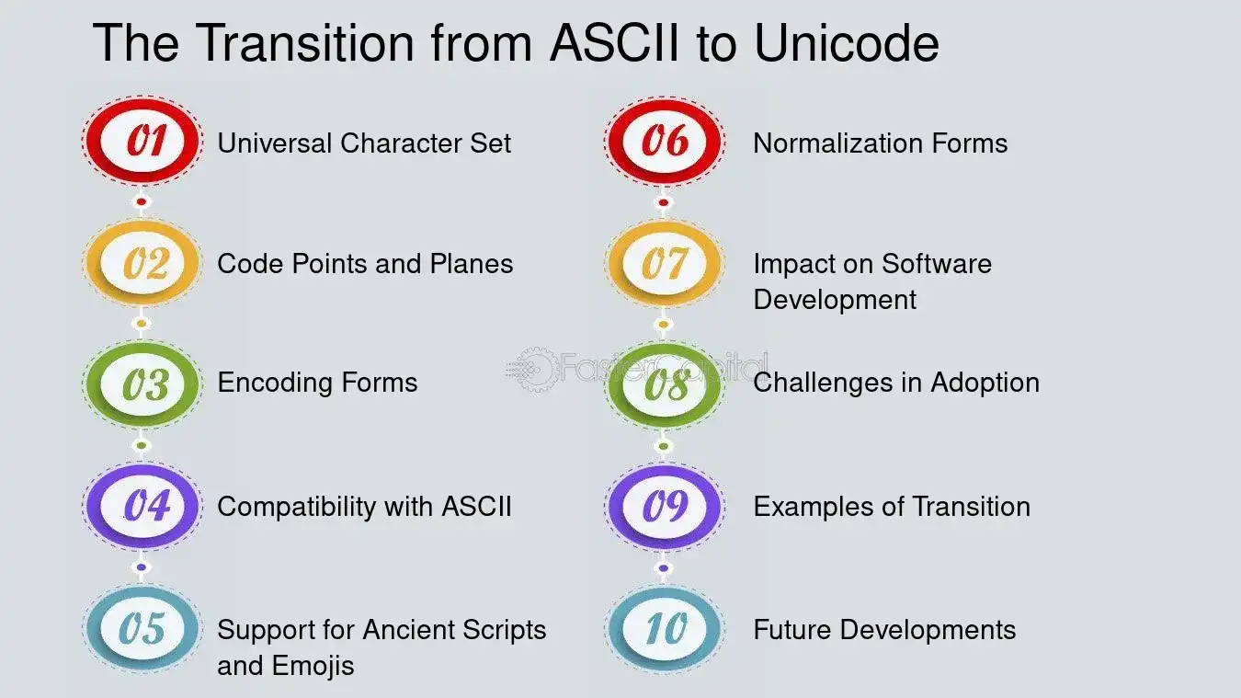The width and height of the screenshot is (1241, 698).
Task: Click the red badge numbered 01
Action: tap(142, 141)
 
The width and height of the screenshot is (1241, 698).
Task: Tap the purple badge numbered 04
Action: tap(142, 506)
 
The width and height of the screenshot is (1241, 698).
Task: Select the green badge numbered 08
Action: tap(665, 384)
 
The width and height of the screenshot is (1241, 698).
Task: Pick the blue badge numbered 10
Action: tap(665, 629)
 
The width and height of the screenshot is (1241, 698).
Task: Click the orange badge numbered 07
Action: tap(665, 263)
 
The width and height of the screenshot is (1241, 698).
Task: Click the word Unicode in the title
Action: tap(847, 42)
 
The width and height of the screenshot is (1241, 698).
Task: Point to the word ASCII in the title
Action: tap(614, 42)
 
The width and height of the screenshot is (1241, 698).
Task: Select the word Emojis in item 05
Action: tap(313, 666)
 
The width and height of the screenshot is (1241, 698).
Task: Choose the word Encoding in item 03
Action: tap(272, 383)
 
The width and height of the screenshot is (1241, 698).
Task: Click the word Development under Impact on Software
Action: tap(835, 301)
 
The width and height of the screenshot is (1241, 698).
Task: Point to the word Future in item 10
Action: tap(792, 630)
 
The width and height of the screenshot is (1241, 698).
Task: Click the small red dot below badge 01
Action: tap(142, 201)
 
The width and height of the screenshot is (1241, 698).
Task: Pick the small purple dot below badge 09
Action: tap(664, 567)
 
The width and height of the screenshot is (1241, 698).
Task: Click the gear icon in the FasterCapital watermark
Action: tap(534, 370)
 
